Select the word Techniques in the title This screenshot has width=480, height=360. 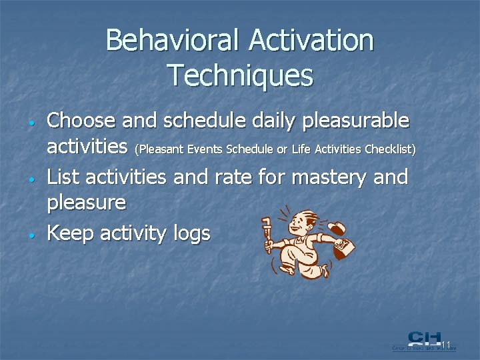[240, 75]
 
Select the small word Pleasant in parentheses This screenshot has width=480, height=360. [158, 149]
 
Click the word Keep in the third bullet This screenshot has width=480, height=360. [71, 233]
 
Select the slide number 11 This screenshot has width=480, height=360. [446, 345]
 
